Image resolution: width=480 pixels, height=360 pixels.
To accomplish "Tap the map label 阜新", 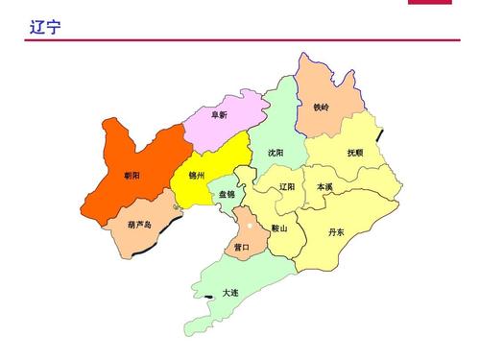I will (219, 114).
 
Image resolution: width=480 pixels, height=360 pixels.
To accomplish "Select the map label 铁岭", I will (321, 108).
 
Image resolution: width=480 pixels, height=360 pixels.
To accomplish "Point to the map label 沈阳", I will (276, 153).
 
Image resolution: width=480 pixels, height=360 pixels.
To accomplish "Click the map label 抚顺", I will (355, 153).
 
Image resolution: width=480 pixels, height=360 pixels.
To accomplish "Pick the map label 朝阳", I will (132, 176).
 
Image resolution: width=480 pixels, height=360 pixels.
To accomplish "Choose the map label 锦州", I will (197, 176).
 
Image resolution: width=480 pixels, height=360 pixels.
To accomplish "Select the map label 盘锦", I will (228, 195).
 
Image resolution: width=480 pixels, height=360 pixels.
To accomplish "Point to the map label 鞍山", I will (279, 228).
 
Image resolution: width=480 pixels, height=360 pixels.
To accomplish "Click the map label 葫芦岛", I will (139, 225).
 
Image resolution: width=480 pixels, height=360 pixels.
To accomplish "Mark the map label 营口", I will (242, 247).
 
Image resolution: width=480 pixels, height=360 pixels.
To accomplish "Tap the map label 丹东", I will (336, 231).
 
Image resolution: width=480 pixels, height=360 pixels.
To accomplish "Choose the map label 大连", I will (230, 292).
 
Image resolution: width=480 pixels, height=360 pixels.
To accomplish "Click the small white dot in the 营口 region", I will (249, 227).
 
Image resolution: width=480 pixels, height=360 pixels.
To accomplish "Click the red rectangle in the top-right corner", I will (443, 3).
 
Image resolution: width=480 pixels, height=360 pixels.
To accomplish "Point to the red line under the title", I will (240, 40).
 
